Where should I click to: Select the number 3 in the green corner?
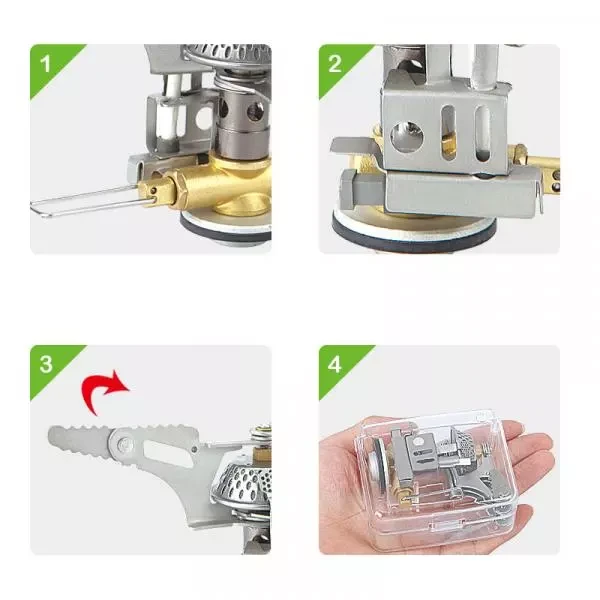click(45, 362)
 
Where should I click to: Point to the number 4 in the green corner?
click(335, 362)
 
